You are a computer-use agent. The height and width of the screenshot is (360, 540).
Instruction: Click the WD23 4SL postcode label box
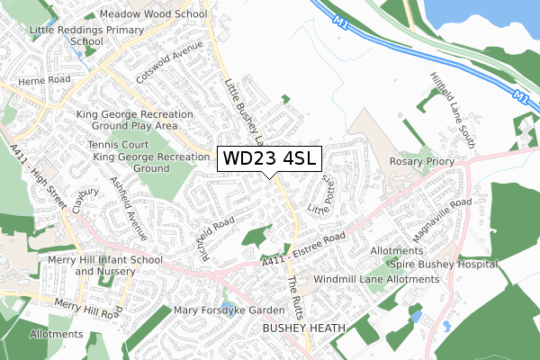[268, 158]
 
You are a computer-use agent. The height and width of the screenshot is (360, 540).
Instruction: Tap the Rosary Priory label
[418, 161]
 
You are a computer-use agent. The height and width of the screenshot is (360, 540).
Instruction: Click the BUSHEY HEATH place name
[303, 329]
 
